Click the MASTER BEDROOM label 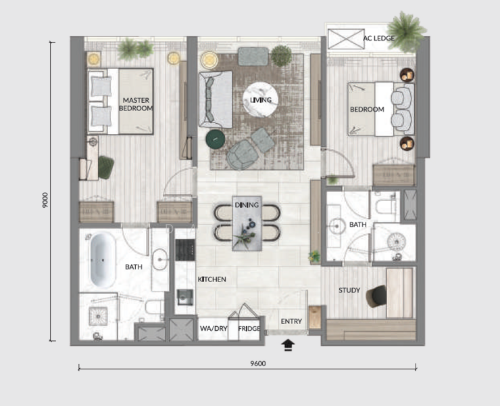[136, 104]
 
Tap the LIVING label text [261, 100]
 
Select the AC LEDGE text [379, 39]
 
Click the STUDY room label [349, 290]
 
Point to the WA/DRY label [214, 328]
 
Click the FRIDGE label [249, 328]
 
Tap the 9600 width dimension [258, 363]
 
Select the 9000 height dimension [45, 200]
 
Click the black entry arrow [288, 345]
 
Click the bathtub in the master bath [103, 261]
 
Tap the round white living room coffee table [261, 100]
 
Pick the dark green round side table [216, 139]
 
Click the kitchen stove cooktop [185, 250]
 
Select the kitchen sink [184, 297]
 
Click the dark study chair [376, 296]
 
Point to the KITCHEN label [211, 279]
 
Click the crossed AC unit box [346, 39]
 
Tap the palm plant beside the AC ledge [406, 32]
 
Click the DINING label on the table [247, 205]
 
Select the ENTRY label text [291, 321]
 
